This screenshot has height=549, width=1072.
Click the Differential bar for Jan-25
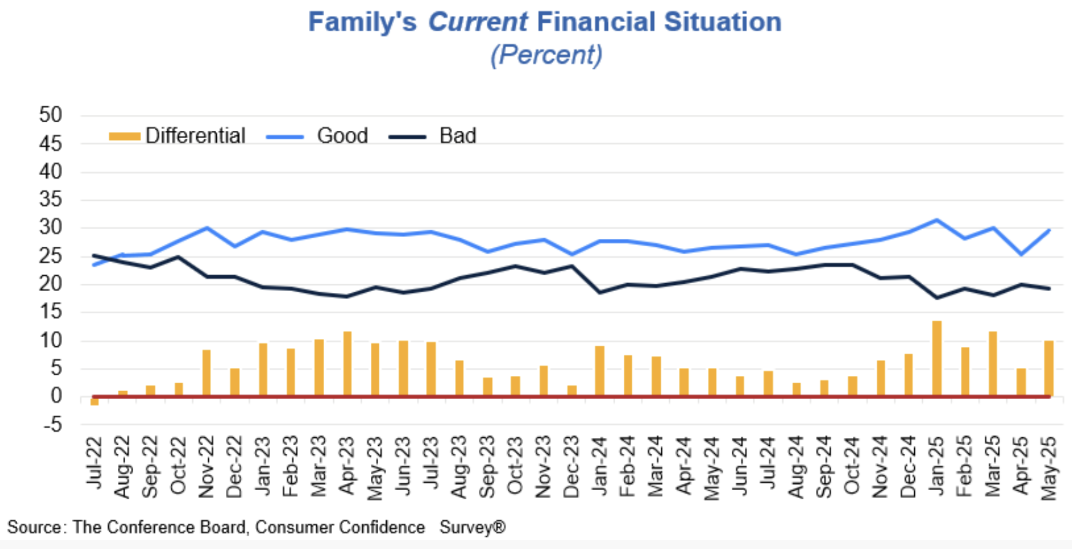tap(936, 359)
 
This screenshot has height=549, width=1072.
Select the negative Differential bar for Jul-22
tap(95, 401)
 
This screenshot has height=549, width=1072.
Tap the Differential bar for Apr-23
tap(348, 364)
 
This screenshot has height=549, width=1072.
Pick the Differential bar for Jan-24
tap(600, 372)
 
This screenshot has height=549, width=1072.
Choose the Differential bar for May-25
tap(1049, 368)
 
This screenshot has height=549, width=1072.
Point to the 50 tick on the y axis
tap(50, 115)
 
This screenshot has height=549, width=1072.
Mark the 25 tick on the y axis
tap(50, 256)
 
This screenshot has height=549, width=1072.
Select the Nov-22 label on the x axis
tap(206, 467)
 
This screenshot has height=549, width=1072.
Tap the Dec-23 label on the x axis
tap(572, 467)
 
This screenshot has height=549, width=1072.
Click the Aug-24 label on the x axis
tap(796, 467)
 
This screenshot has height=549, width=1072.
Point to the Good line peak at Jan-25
tap(936, 220)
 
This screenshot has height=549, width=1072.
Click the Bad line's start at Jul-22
tap(95, 255)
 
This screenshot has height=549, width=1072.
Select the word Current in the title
tap(478, 22)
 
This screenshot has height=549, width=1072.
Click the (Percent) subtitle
tap(546, 55)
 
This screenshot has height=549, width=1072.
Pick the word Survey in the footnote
tap(467, 528)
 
